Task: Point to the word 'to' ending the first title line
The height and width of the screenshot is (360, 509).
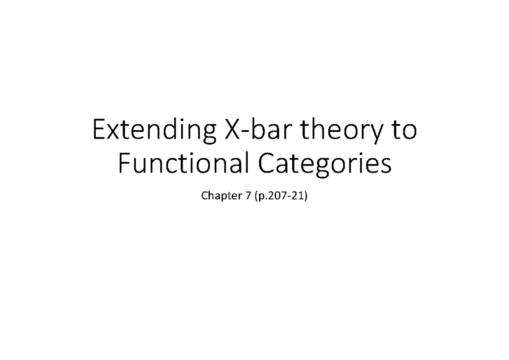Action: [405, 132]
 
